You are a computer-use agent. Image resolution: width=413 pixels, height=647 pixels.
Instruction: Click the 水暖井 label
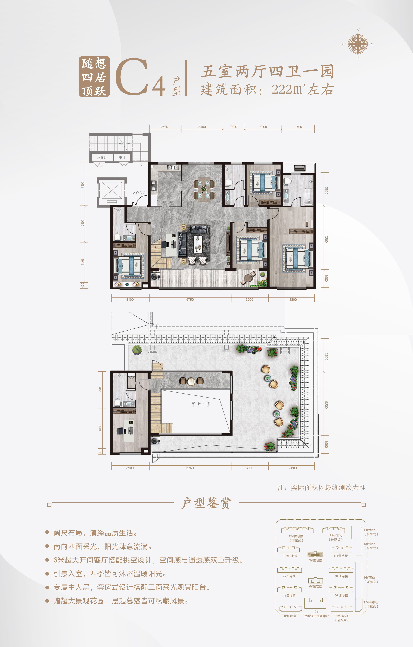[x=102, y=158]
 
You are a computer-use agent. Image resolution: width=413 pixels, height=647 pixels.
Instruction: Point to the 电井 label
[x=122, y=158]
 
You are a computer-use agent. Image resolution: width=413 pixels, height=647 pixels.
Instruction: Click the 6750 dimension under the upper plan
[x=190, y=300]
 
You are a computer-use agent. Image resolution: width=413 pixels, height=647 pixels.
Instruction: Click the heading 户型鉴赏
[x=206, y=503]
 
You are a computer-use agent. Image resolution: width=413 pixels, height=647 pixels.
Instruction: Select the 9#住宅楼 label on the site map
[x=316, y=560]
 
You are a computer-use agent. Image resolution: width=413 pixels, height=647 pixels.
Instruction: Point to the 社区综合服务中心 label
[x=316, y=616]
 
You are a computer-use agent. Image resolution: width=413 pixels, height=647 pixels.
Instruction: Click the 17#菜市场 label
[x=371, y=602]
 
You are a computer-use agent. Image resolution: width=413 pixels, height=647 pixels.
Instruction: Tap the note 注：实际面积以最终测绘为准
[x=321, y=488]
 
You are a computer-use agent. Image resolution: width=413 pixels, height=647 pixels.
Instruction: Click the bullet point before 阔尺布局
[x=47, y=532]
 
